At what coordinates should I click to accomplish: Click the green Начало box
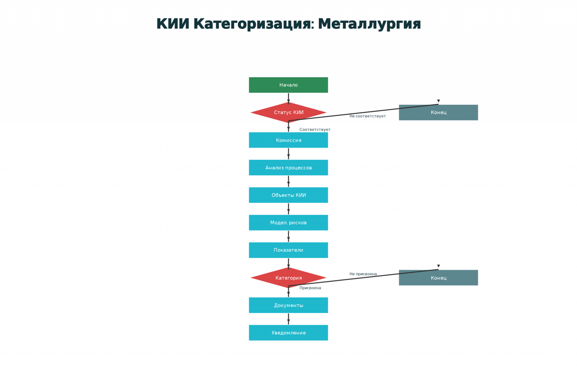[x=288, y=85]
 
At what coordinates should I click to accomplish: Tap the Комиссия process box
[x=288, y=140]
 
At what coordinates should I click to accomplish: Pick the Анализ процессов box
[x=288, y=167]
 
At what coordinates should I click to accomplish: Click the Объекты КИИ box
[x=288, y=195]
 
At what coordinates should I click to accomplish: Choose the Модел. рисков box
[x=288, y=223]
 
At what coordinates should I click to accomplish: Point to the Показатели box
[x=288, y=250]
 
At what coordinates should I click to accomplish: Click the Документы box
[x=288, y=305]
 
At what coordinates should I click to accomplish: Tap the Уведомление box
[x=288, y=333]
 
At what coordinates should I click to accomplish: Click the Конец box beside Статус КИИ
[x=438, y=113]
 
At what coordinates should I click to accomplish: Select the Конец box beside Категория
[x=438, y=278]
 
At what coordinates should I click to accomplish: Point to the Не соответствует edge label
[x=367, y=116]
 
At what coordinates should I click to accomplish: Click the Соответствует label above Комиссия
[x=315, y=130]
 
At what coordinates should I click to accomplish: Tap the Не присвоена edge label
[x=363, y=274]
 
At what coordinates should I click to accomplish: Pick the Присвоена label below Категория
[x=310, y=288]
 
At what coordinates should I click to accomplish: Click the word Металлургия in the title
[x=369, y=24]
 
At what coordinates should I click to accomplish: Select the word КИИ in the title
[x=173, y=24]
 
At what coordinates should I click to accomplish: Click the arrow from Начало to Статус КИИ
[x=288, y=98]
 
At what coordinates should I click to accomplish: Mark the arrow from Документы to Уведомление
[x=288, y=319]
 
